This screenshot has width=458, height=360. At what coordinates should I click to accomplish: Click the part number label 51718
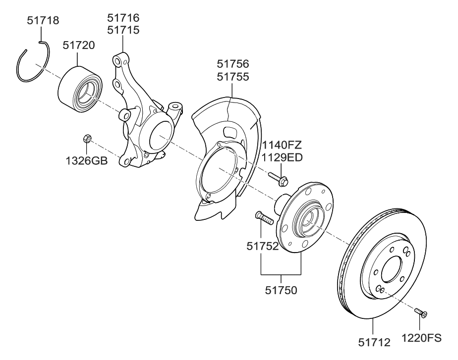[42, 21]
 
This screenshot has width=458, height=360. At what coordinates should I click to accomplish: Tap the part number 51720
[79, 46]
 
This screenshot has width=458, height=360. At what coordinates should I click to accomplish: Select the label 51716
[123, 18]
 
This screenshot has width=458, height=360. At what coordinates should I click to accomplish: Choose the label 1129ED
[282, 157]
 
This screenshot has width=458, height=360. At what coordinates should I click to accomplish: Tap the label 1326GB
[87, 160]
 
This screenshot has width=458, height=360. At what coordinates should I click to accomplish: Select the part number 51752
[263, 246]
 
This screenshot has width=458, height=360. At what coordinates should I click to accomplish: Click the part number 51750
[281, 291]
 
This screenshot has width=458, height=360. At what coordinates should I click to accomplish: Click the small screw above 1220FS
[420, 312]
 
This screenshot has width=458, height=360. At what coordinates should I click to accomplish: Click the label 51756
[233, 64]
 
